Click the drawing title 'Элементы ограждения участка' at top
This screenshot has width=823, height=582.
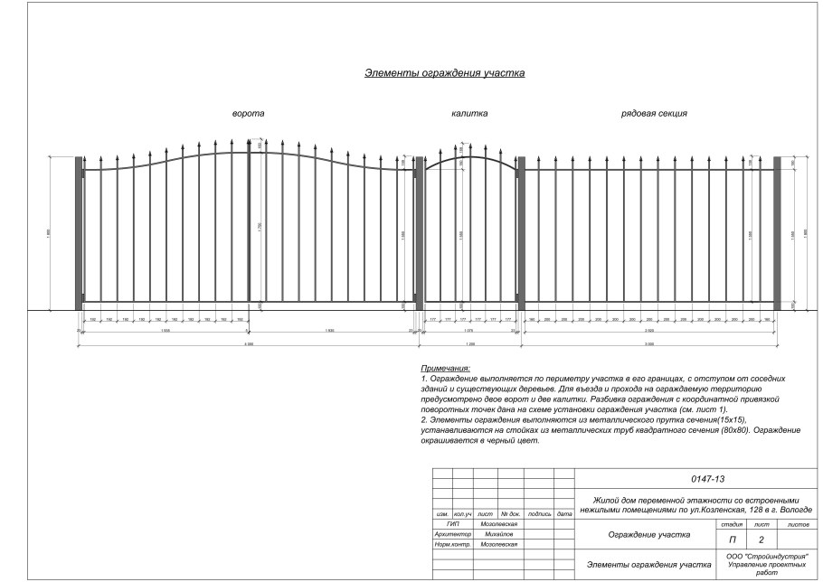tap(444, 73)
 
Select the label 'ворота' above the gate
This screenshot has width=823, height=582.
tap(249, 114)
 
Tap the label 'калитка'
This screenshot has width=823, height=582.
tap(469, 114)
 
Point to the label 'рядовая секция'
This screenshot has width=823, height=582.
tap(654, 114)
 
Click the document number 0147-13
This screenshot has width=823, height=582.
tap(701, 479)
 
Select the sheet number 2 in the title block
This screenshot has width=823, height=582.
tap(762, 539)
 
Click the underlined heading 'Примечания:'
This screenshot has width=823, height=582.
tap(446, 369)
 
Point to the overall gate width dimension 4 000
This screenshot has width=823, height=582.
tap(248, 345)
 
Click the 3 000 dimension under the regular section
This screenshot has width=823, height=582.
tap(649, 345)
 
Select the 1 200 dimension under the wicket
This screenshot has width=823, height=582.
tap(469, 345)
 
